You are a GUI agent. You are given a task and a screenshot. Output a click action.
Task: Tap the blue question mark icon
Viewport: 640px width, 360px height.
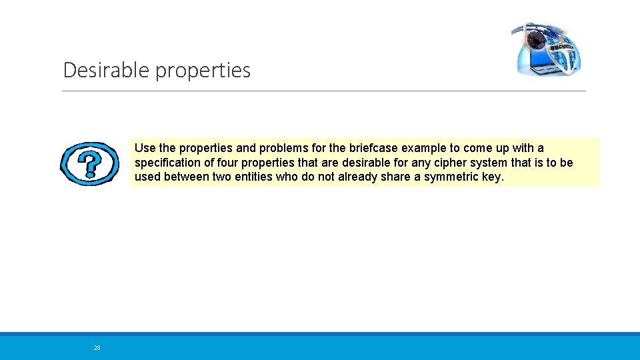89,163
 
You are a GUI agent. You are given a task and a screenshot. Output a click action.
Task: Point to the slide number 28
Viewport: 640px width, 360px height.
97,348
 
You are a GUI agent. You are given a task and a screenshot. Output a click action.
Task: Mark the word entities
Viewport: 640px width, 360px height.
277,177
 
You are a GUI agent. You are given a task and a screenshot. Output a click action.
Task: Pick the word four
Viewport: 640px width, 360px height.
227,163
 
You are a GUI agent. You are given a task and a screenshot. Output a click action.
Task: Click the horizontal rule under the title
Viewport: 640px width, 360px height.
324,91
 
